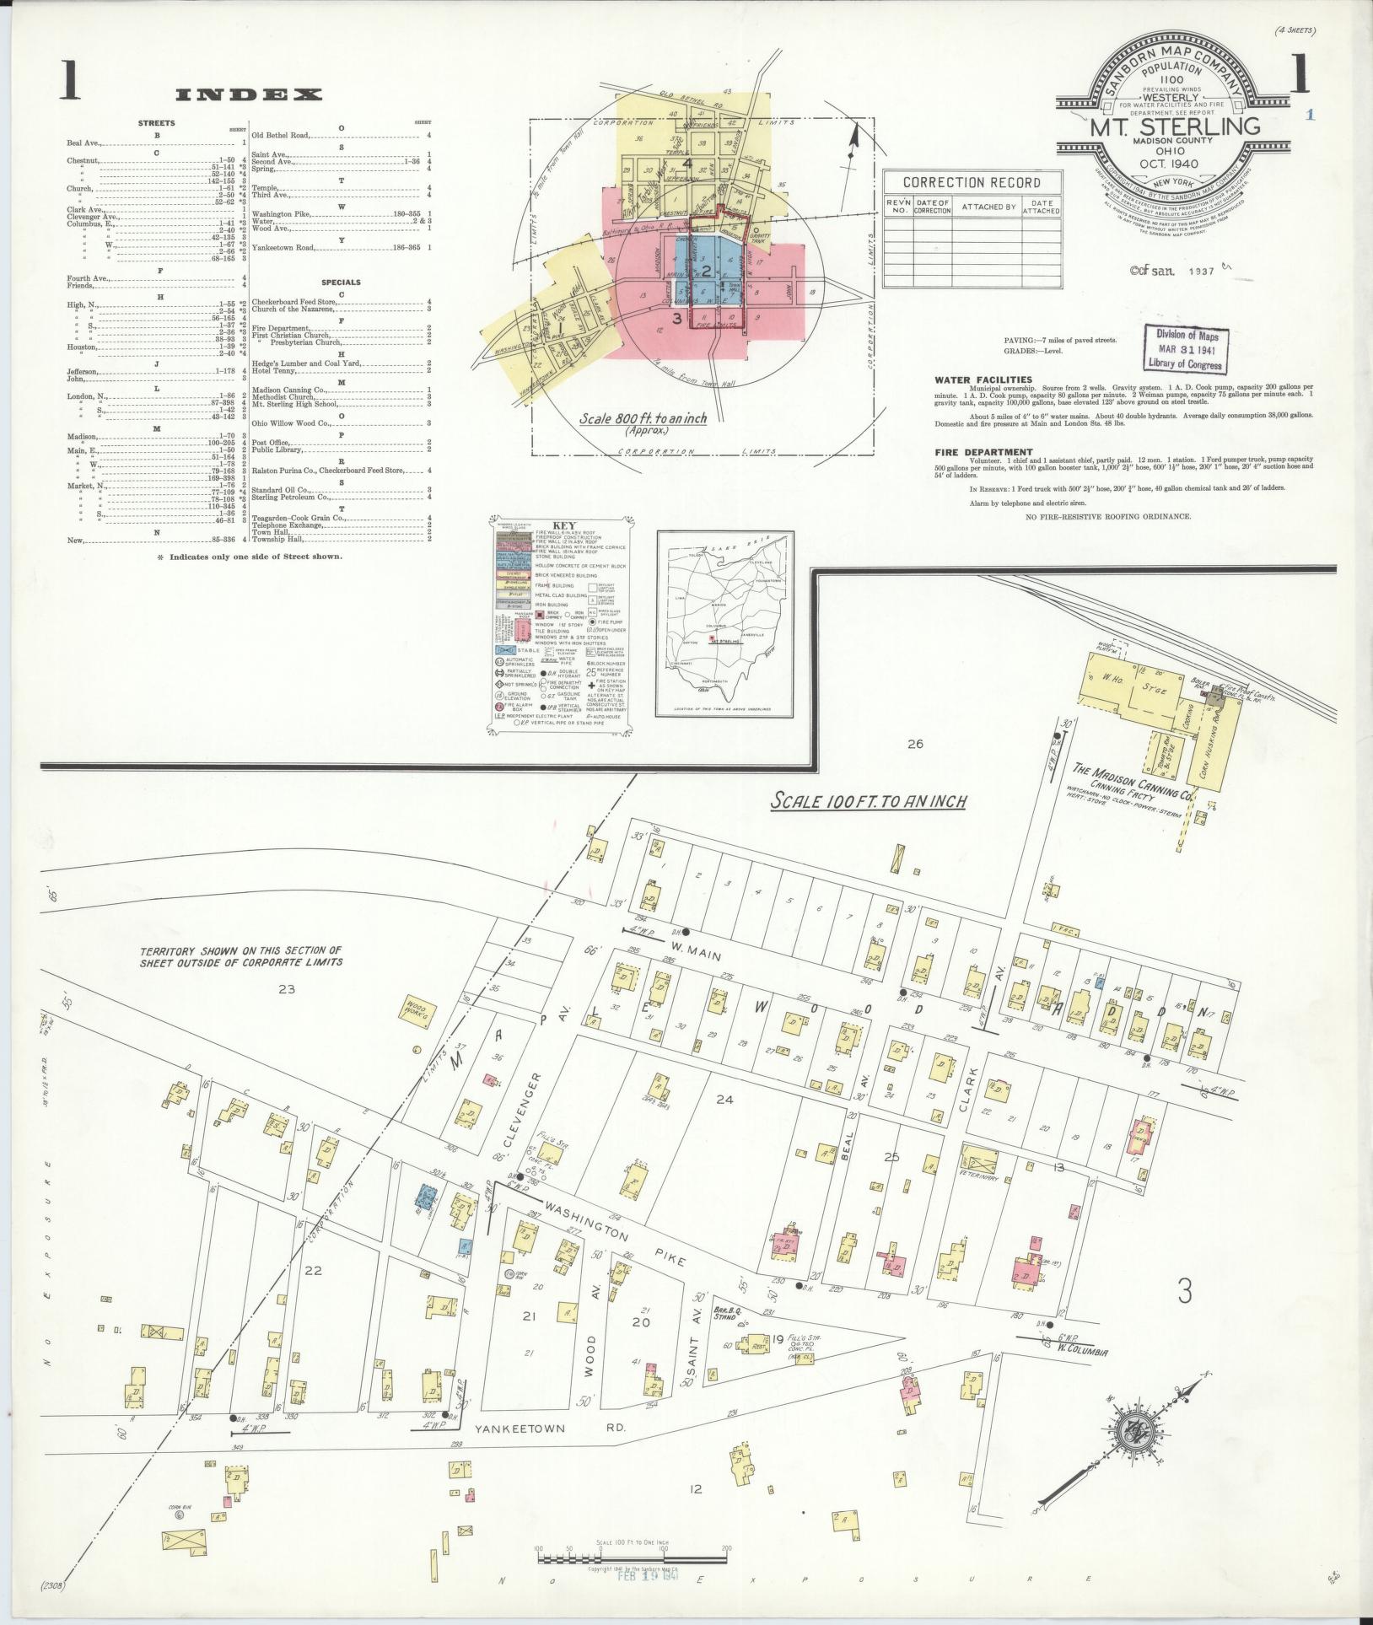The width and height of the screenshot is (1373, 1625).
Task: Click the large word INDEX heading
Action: click(248, 95)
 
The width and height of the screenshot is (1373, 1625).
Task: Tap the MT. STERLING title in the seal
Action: click(1175, 127)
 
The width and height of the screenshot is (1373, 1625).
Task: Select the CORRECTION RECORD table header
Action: click(971, 182)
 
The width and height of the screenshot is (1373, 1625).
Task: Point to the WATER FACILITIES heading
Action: click(983, 380)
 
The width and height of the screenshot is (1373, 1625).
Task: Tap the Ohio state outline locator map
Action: click(724, 625)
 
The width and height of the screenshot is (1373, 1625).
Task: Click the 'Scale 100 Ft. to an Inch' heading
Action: click(869, 801)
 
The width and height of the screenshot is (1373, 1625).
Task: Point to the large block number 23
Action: click(286, 989)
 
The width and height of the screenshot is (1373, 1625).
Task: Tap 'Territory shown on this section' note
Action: click(241, 955)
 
